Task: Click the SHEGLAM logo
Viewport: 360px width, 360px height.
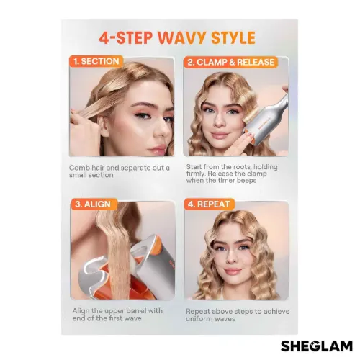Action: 317,346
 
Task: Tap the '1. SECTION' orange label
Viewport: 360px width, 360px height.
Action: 96,61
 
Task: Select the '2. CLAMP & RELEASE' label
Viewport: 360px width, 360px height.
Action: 230,62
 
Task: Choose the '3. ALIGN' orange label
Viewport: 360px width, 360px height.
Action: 93,204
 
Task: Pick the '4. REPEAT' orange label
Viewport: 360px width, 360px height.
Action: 209,204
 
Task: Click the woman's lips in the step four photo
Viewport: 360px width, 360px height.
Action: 232,272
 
